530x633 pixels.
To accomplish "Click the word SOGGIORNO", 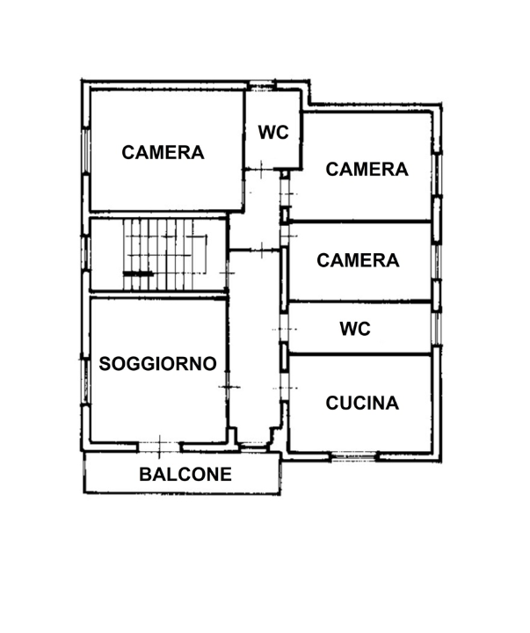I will tap(158, 363).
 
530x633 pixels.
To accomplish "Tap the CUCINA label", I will tap(362, 404).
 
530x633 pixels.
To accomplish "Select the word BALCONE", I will tap(185, 475).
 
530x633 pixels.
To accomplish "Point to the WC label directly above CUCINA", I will tap(355, 329).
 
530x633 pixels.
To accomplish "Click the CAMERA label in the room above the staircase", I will tap(163, 152).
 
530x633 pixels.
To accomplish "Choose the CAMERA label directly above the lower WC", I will tap(358, 260).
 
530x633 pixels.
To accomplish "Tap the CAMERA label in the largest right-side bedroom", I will tap(367, 169).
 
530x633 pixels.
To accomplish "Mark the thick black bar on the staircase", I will tap(138, 274).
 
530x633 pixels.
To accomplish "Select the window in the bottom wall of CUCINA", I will tap(353, 456).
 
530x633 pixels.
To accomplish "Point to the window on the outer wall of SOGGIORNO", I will tap(85, 378).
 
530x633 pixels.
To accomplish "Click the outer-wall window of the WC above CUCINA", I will tap(435, 327).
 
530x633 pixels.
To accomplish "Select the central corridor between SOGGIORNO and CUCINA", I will tap(256, 352).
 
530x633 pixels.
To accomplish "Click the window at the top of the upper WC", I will tap(262, 85).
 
